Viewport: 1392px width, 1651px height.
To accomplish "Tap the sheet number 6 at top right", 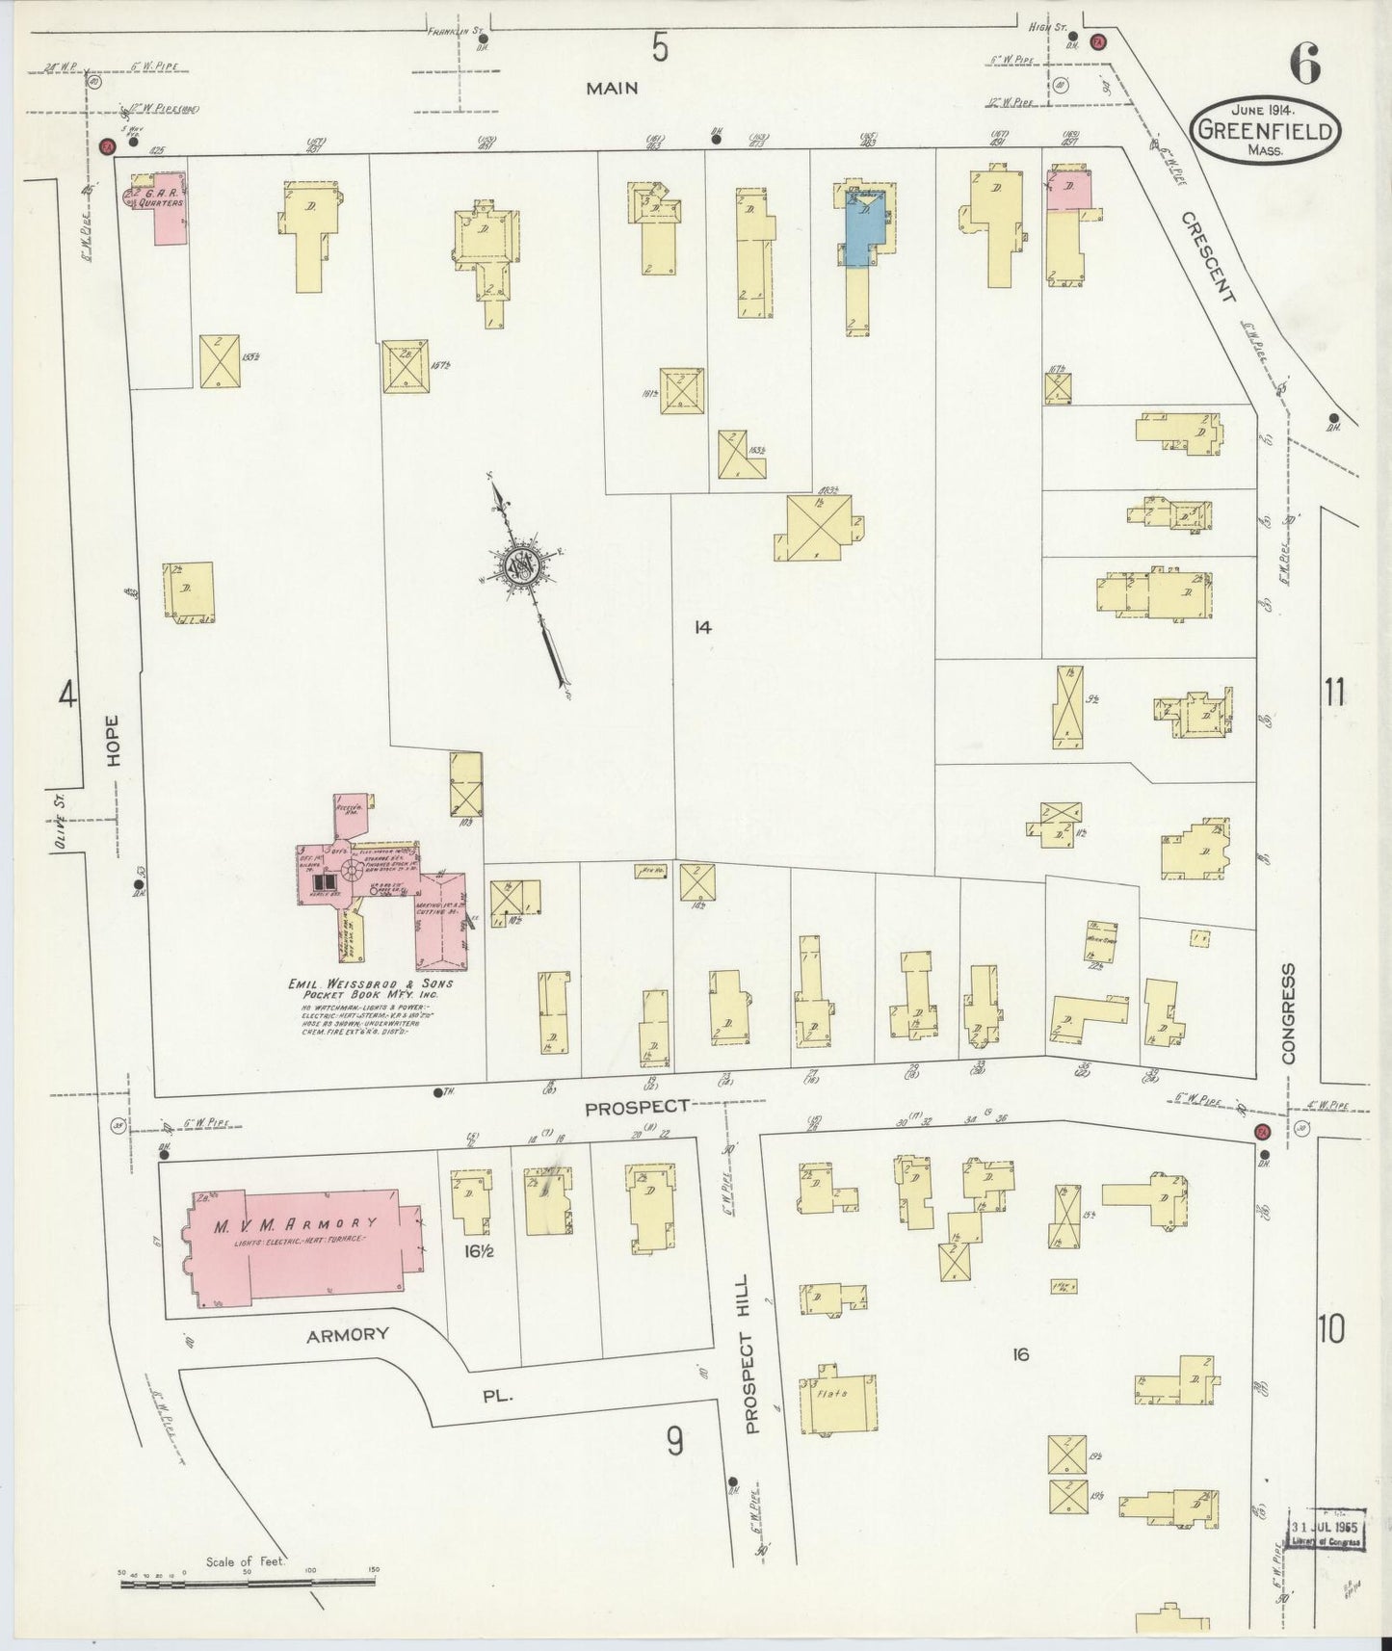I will click(1306, 66).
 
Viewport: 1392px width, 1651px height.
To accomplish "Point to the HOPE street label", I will click(115, 740).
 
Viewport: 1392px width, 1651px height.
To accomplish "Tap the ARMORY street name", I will click(348, 1334).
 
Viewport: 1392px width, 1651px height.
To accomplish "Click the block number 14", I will click(702, 627).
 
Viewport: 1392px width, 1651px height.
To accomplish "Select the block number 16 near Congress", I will click(1021, 1355).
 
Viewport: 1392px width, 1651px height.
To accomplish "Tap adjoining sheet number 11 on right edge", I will click(1333, 692).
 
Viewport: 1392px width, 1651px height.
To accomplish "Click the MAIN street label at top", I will click(613, 88).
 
